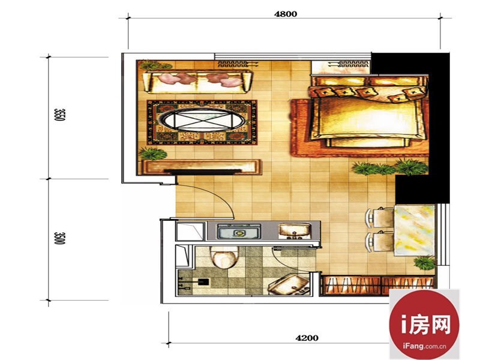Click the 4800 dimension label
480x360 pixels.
pyautogui.click(x=286, y=14)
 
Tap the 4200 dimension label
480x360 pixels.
pyautogui.click(x=307, y=338)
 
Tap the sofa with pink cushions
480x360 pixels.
pyautogui.click(x=198, y=82)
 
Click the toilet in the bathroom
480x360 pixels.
pyautogui.click(x=224, y=258)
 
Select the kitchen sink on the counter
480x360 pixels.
pyautogui.click(x=295, y=231)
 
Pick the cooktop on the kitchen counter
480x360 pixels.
pyautogui.click(x=239, y=232)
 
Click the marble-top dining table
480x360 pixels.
pyautogui.click(x=415, y=230)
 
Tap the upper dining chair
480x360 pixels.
pyautogui.click(x=380, y=217)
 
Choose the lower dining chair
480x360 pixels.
pyautogui.click(x=380, y=242)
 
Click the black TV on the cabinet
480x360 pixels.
pyautogui.click(x=202, y=172)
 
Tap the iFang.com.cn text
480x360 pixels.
pyautogui.click(x=424, y=347)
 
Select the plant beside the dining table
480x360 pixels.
pyautogui.click(x=425, y=263)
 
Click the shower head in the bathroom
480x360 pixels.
pyautogui.click(x=203, y=281)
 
